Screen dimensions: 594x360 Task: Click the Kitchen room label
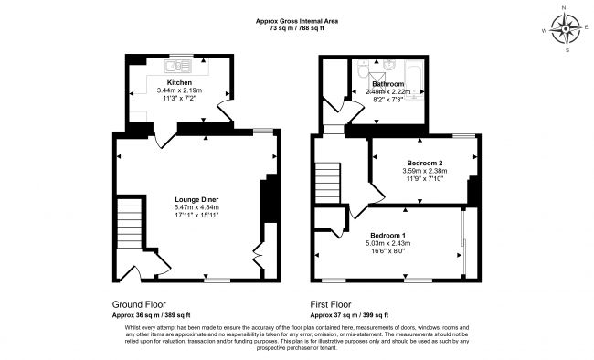tap(179, 82)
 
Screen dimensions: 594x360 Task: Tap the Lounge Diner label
tap(196, 200)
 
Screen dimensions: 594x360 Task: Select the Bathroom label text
tap(387, 84)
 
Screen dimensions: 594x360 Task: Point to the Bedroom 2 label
tap(422, 164)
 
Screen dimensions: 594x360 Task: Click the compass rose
tap(565, 29)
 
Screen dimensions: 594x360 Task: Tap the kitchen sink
tap(178, 67)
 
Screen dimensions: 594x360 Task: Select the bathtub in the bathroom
tap(414, 81)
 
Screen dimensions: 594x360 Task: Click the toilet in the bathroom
tap(362, 69)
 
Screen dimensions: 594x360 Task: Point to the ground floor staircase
tap(130, 224)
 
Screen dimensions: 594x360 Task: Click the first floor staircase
tap(328, 184)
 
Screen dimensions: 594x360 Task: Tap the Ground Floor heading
tap(139, 304)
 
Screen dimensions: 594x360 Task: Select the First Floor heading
tap(331, 304)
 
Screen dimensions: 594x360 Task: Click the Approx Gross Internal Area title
tap(297, 21)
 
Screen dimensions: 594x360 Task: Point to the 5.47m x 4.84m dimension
tap(196, 207)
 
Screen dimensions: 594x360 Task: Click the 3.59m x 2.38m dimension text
tap(422, 171)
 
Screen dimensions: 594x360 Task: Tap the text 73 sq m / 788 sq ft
tap(297, 28)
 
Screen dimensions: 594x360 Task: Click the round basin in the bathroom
tap(387, 65)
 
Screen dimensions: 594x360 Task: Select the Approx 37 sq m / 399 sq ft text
tap(349, 315)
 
